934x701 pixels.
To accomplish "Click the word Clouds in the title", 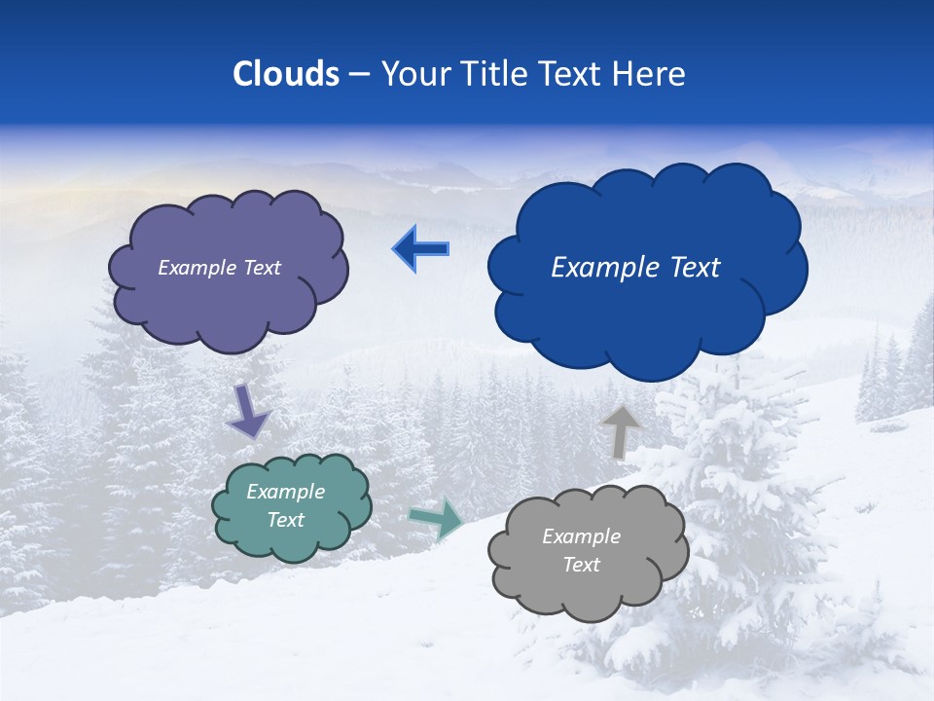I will click(286, 74).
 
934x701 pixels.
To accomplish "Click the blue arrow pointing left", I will click(421, 249).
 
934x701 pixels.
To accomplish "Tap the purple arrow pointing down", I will click(248, 411).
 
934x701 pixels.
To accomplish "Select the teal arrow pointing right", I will click(436, 519).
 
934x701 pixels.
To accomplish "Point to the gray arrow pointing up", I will click(620, 431).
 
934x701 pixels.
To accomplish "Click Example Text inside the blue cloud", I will click(635, 268).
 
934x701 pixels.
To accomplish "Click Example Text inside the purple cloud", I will click(219, 268).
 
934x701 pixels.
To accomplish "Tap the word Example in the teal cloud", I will click(285, 492).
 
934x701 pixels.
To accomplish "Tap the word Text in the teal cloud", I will click(285, 520).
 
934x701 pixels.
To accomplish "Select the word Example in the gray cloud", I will click(581, 536).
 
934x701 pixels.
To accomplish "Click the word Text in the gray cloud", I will click(581, 565).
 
